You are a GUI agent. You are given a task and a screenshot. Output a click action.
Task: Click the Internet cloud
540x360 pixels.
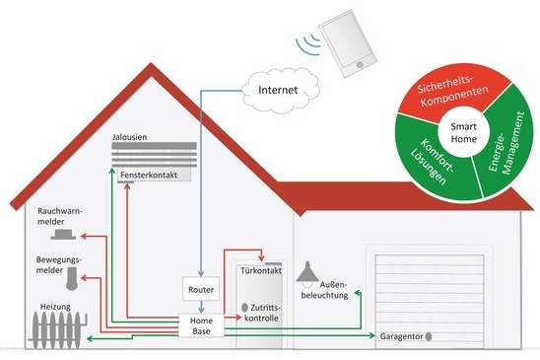tap(277, 93)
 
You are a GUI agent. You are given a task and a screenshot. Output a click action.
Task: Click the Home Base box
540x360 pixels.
tap(200, 326)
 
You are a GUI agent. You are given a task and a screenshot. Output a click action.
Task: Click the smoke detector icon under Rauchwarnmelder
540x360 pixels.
tap(66, 236)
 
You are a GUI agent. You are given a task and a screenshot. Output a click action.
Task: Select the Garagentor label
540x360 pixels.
tap(403, 337)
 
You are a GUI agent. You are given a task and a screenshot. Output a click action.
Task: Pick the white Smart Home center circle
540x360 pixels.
tap(463, 134)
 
